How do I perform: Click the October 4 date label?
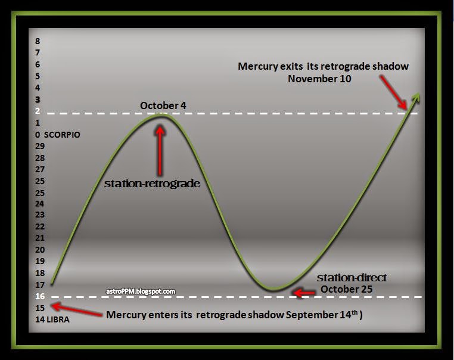coord(162,105)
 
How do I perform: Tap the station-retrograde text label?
coord(152,184)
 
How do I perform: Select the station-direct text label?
coord(352,278)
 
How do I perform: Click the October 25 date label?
coord(347,289)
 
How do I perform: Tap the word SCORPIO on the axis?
coord(62,135)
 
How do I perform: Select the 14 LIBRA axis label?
coord(52,320)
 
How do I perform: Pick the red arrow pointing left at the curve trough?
coord(304,292)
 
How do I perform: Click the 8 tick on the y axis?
coord(38,41)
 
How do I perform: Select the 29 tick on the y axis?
coord(39,146)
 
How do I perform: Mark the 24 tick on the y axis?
coord(39,204)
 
